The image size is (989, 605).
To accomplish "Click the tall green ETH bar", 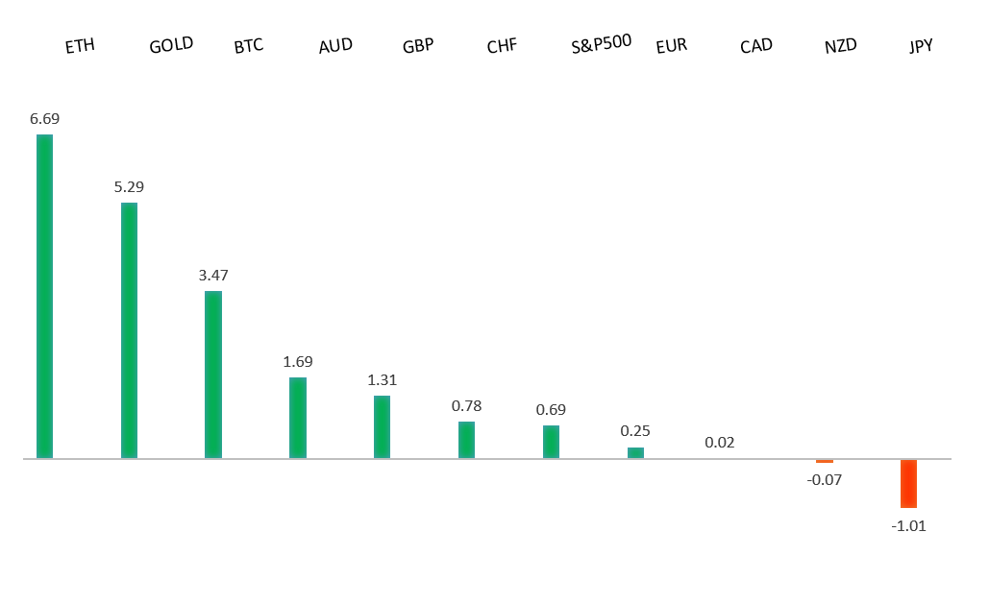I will (44, 296).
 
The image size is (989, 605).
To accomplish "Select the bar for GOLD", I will (129, 330).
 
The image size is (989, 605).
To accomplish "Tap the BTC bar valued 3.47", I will (213, 375).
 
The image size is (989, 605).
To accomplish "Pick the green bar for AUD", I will (298, 418).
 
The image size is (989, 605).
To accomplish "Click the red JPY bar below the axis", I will (908, 483).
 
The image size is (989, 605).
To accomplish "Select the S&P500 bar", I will (551, 442).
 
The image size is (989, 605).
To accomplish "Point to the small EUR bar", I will (635, 452).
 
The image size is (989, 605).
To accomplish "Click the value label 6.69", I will (44, 119).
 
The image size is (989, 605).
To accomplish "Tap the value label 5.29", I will (129, 187).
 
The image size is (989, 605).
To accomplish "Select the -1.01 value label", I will (908, 525).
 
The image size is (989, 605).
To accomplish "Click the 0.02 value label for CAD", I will (720, 443).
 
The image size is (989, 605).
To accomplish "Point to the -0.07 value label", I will (824, 479).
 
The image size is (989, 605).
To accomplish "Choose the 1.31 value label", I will (382, 380).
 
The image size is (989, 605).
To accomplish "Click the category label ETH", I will (80, 46).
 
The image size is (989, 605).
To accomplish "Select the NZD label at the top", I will (840, 46).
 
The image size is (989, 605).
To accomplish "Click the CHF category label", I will (502, 46).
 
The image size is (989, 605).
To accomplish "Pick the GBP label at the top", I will (418, 46).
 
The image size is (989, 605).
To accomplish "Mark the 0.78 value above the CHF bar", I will (466, 406).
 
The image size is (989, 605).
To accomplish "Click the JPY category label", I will (921, 46).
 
